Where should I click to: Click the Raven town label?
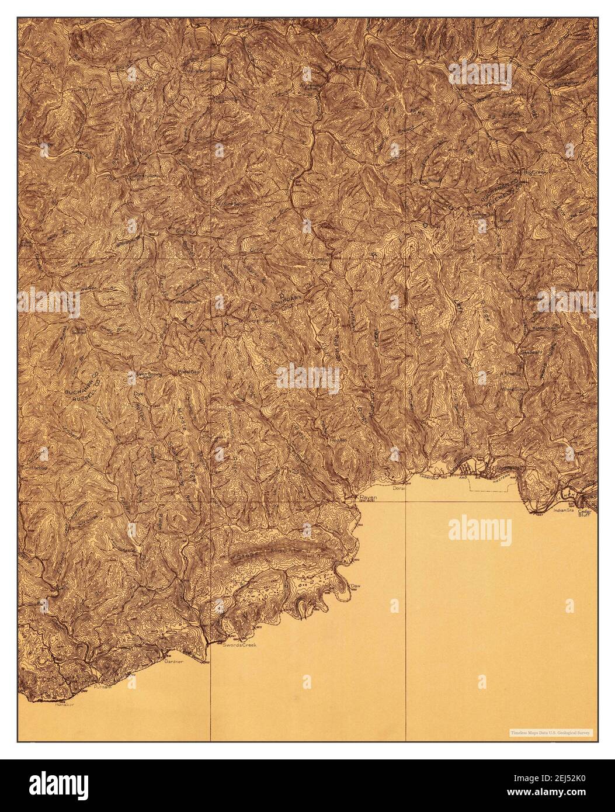click(x=369, y=497)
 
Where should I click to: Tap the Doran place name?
click(x=399, y=487)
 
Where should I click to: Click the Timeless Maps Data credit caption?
click(x=549, y=732)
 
